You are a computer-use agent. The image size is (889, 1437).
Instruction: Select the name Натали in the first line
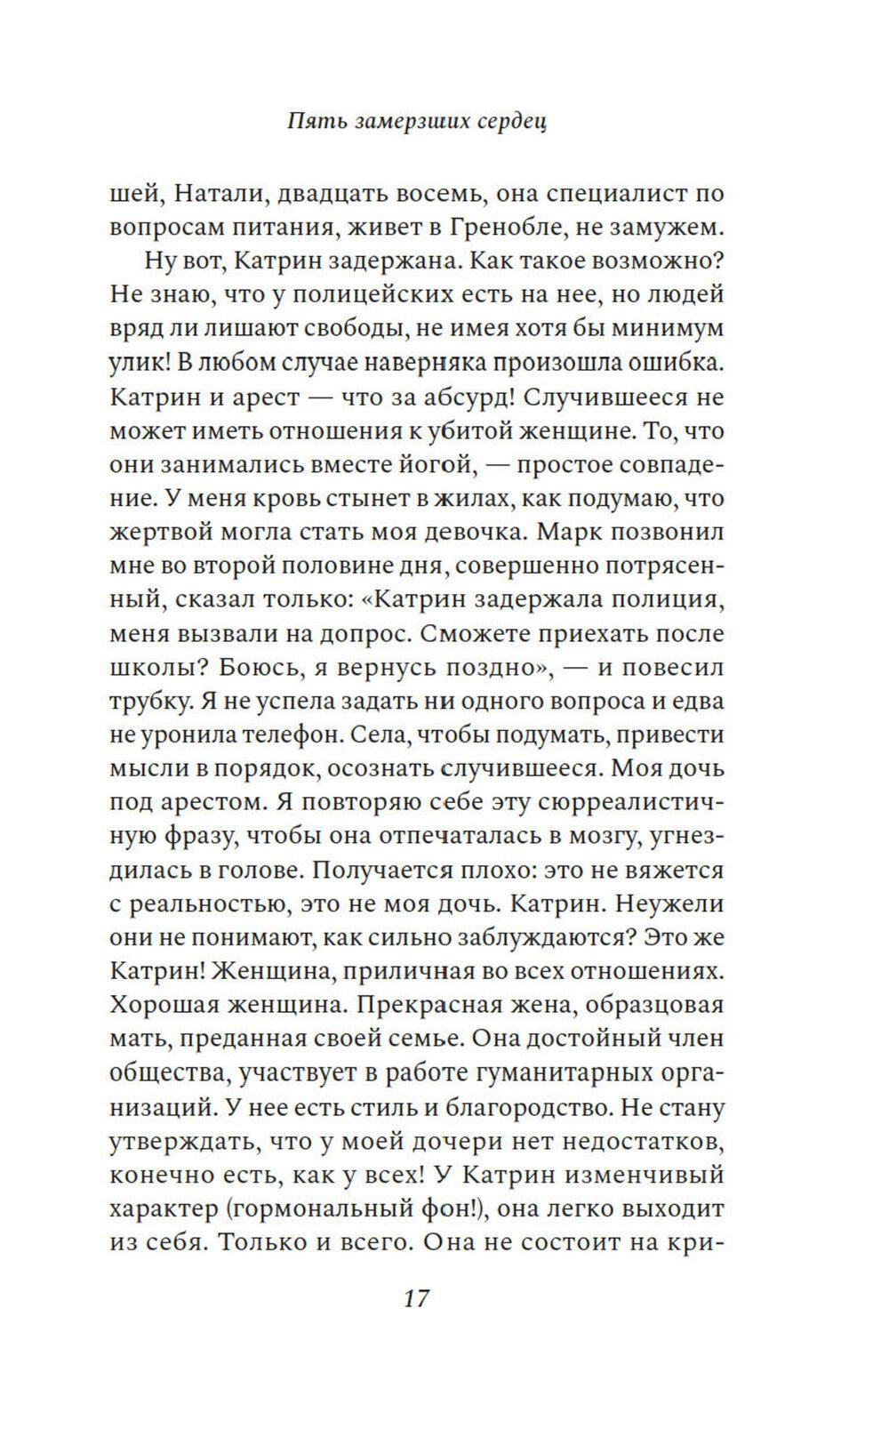210,193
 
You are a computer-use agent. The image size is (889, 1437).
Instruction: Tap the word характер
160,1209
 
